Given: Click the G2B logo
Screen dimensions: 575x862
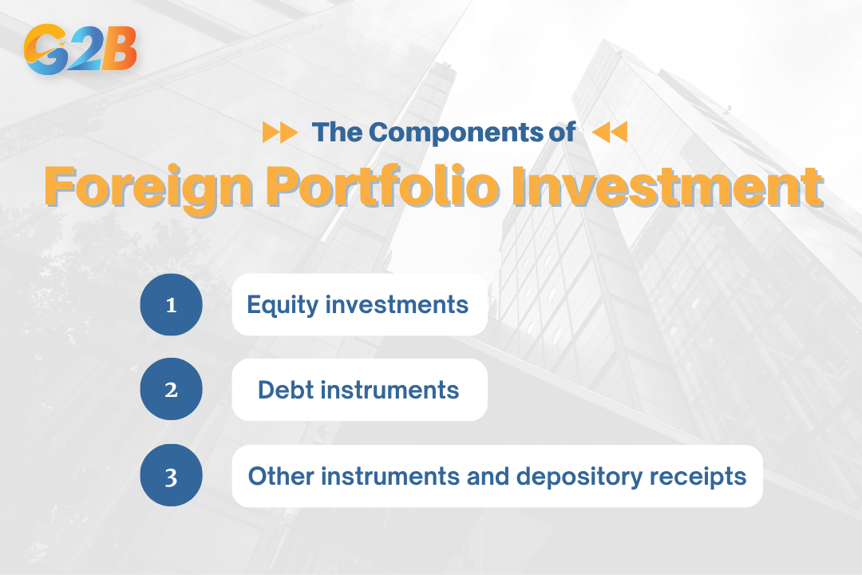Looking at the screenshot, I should (81, 50).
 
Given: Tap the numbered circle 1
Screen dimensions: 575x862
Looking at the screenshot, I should (171, 304).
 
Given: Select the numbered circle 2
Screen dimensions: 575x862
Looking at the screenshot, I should (171, 391).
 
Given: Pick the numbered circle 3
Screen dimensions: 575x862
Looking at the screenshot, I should (171, 478).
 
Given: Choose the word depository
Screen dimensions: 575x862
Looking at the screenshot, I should (591, 477).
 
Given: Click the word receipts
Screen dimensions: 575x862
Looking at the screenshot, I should (707, 477).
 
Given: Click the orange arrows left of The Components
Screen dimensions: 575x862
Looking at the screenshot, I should (279, 133).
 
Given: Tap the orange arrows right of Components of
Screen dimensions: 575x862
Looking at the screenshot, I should (610, 133).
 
